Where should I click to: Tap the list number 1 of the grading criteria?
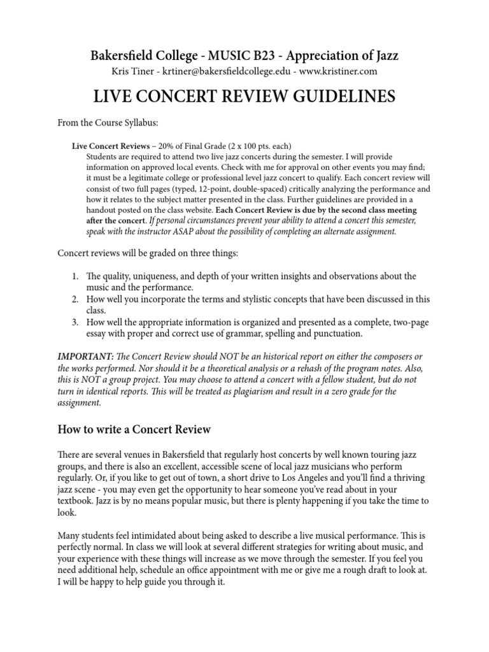pyautogui.click(x=74, y=276)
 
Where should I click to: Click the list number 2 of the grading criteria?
pyautogui.click(x=74, y=299)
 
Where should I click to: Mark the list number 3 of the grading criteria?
pyautogui.click(x=74, y=322)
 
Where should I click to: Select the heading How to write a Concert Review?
pyautogui.click(x=134, y=430)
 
